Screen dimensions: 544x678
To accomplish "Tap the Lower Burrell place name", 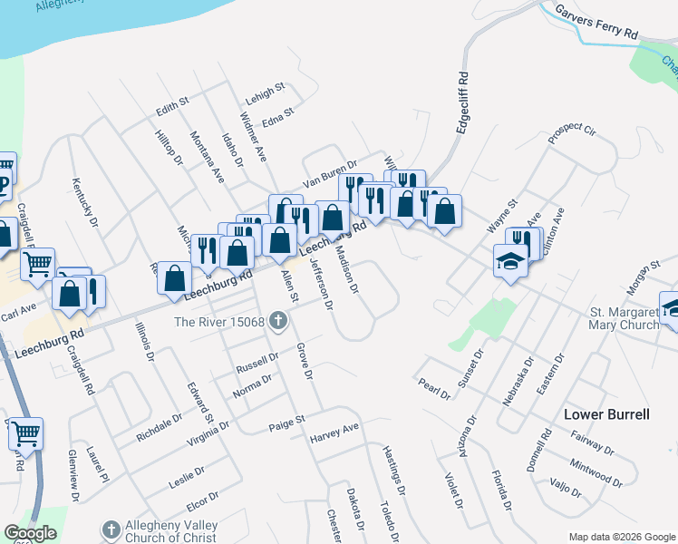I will coord(606,414).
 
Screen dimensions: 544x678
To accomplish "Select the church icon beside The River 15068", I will coord(278,321).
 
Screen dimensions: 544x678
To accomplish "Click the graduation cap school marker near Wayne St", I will coord(510,261).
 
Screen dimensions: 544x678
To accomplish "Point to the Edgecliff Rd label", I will coord(462,103).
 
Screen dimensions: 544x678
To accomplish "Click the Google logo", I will coord(31,533).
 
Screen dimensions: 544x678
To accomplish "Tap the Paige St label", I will coord(287,423).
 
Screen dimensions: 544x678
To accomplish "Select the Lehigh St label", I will coord(266,92).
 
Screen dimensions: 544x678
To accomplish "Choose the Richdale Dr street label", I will coord(160,426).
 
